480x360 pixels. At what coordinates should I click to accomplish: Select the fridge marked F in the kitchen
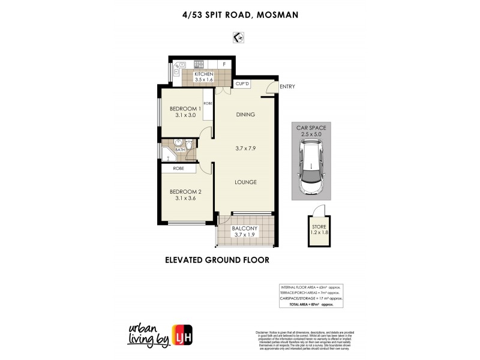(224, 64)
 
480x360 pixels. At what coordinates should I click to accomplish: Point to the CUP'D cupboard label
(242, 84)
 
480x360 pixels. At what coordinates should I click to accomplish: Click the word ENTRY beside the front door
(287, 86)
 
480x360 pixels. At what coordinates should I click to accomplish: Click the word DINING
(246, 115)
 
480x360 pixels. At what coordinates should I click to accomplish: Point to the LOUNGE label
(246, 182)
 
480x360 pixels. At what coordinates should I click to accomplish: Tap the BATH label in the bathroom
(172, 149)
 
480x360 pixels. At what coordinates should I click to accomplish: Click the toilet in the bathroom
(188, 145)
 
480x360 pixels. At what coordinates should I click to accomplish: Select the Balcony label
(246, 228)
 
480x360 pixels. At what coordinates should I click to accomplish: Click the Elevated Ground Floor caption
(217, 260)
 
